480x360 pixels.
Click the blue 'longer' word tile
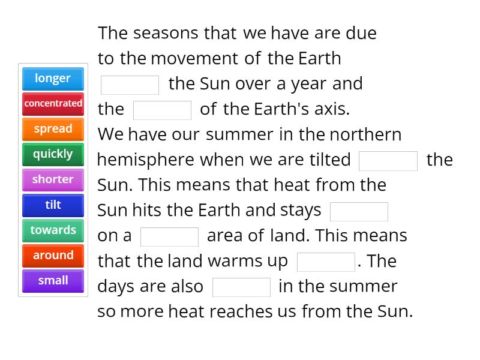click(53, 79)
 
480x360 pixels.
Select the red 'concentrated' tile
click(53, 104)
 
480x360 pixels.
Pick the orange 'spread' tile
click(53, 129)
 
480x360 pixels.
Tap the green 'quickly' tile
click(53, 154)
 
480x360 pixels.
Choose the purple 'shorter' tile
click(53, 179)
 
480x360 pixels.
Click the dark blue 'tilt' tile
click(53, 205)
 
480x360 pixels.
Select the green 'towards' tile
click(53, 230)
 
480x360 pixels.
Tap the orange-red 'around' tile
click(53, 255)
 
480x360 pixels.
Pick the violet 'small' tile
click(53, 280)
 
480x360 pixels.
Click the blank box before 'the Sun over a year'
click(130, 85)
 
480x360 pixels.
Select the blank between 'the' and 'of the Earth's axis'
click(162, 110)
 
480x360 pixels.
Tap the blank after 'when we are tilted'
click(388, 161)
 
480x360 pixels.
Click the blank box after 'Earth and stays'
click(359, 211)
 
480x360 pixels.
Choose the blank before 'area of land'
click(169, 236)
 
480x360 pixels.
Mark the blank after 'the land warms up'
click(326, 262)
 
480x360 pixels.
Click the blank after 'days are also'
click(241, 287)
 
